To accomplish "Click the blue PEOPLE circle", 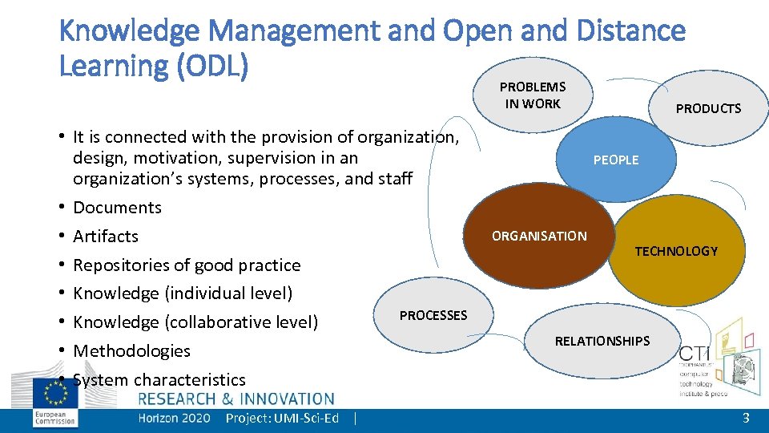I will (x=615, y=160).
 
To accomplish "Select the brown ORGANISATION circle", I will (x=539, y=236).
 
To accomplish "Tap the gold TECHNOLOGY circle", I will (x=676, y=251).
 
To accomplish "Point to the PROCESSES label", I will (x=433, y=315).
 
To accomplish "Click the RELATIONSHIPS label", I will (x=602, y=341).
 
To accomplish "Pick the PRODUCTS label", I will (x=708, y=108).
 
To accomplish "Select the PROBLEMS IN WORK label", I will (x=533, y=95).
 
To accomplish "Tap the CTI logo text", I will (x=694, y=354).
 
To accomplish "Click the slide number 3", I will (x=746, y=418).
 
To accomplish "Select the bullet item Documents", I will (x=117, y=208).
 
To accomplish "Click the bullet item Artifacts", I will (x=106, y=237).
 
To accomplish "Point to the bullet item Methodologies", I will (x=131, y=351).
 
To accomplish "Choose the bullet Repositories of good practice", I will (x=187, y=265).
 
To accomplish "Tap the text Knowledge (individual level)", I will (x=183, y=293).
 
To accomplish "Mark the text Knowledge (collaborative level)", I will (x=195, y=322).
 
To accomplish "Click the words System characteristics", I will (x=159, y=379).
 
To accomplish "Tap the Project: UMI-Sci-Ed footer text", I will (x=282, y=418).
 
